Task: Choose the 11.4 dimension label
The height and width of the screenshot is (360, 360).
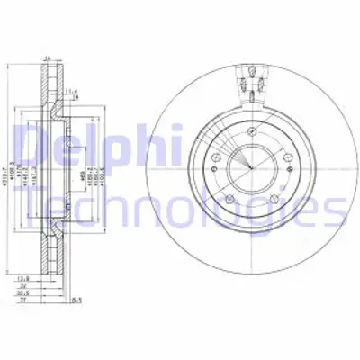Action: pyautogui.click(x=69, y=90)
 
